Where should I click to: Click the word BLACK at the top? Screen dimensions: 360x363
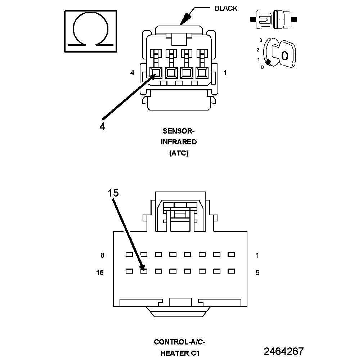[226, 8]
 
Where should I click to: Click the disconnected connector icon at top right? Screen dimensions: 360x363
[275, 19]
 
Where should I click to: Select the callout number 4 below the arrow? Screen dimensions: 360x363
[102, 126]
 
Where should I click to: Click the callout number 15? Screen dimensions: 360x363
[113, 193]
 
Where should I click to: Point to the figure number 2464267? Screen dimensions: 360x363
[284, 351]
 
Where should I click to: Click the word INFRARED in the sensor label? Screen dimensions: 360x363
[179, 142]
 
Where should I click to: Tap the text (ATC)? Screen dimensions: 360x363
[179, 153]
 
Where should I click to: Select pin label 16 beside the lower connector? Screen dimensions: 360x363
[100, 273]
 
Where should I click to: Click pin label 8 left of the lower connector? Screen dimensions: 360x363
[102, 256]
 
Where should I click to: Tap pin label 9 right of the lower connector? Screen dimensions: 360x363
[257, 273]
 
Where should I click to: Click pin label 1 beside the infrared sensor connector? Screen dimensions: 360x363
[225, 73]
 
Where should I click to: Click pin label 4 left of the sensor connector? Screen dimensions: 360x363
[132, 73]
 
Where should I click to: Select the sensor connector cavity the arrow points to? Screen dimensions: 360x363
[155, 73]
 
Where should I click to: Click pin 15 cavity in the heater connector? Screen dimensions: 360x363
[144, 271]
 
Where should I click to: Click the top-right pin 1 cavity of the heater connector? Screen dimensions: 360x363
[231, 254]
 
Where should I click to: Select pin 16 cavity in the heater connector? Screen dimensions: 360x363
[129, 271]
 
